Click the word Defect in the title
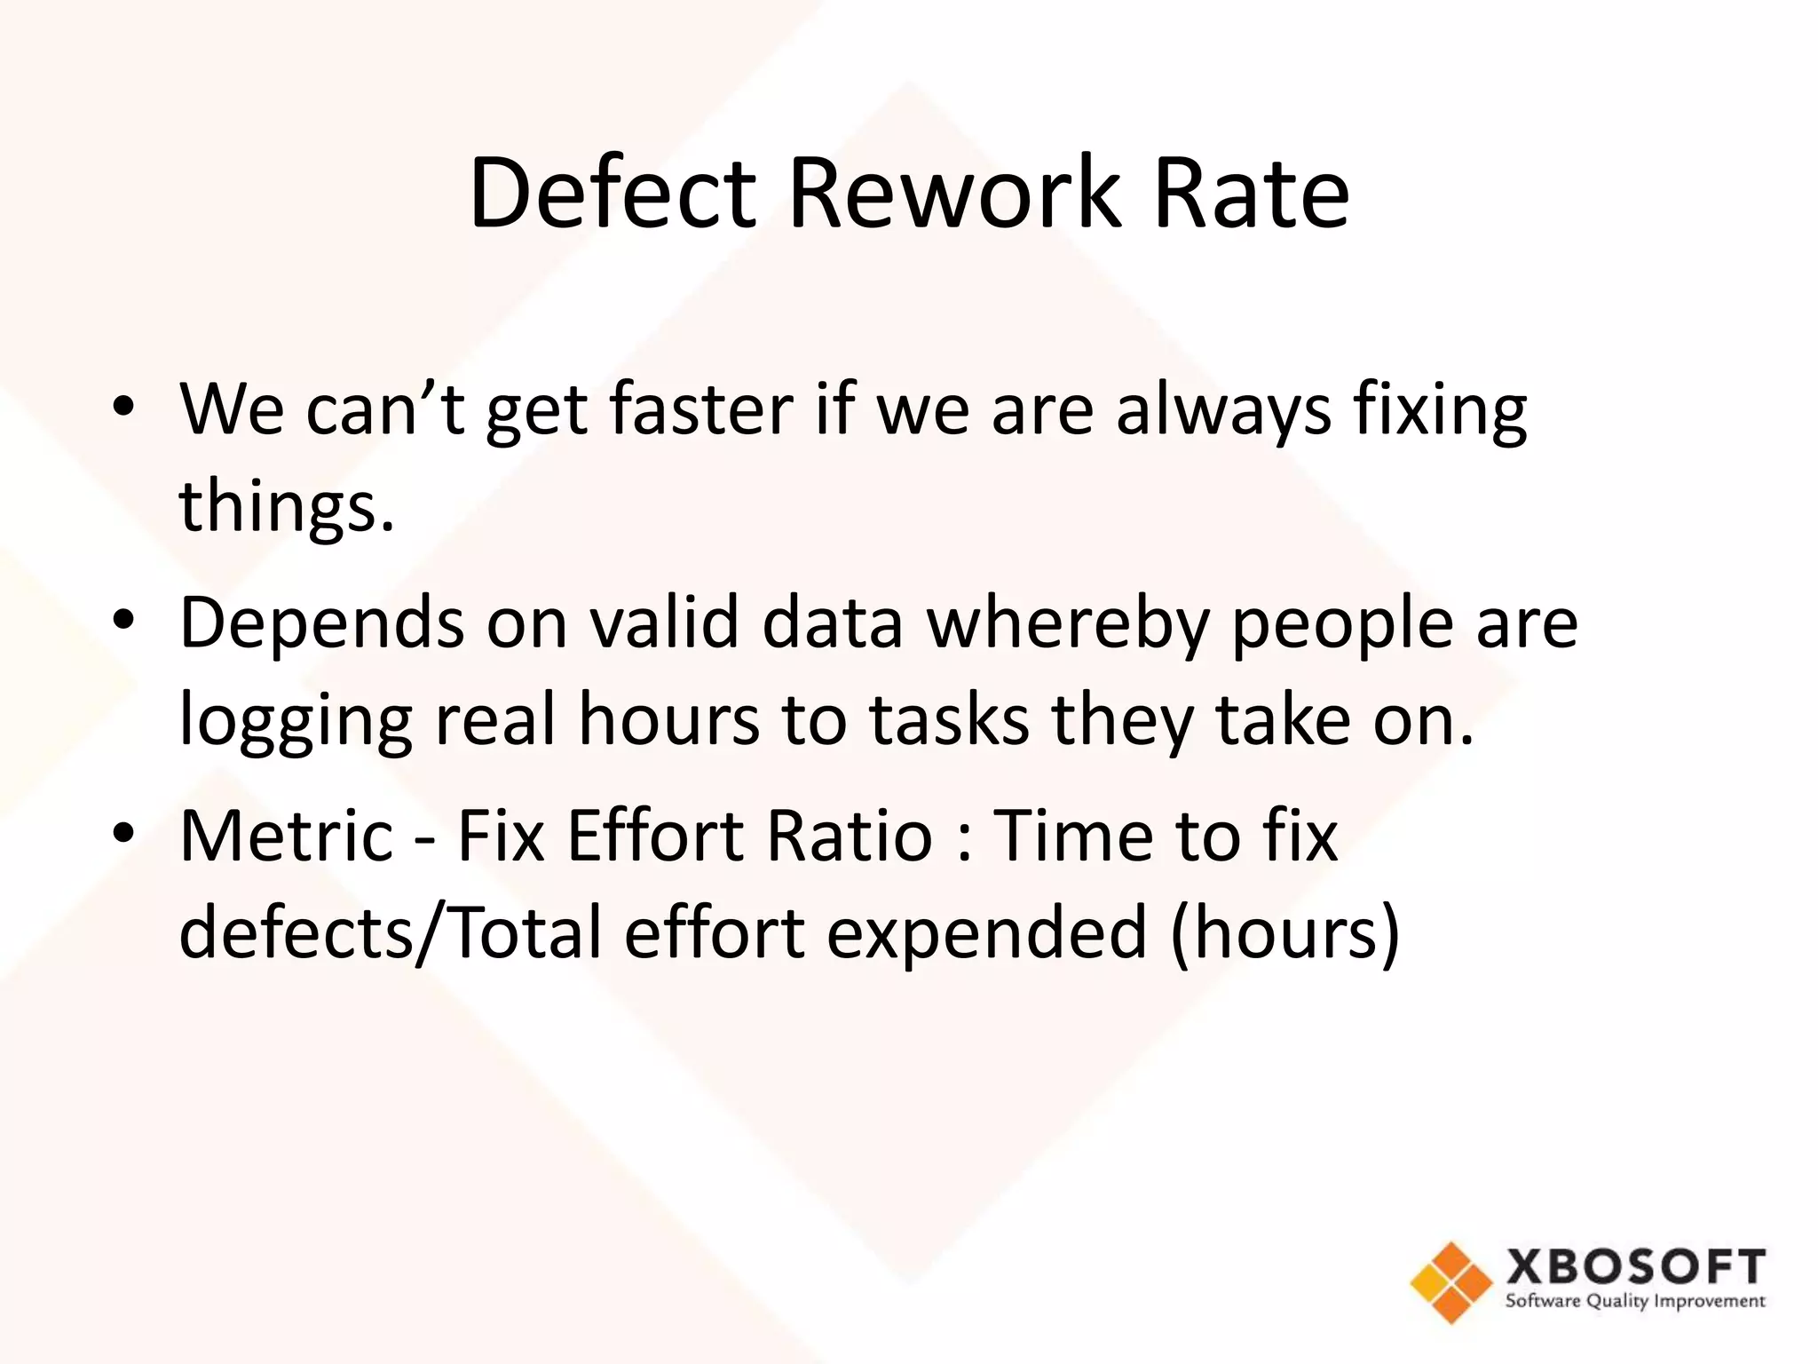(x=612, y=194)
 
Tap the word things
(x=286, y=506)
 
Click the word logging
(x=296, y=721)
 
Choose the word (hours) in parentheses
(x=1284, y=934)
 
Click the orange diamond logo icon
(x=1450, y=1282)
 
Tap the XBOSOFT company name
(x=1635, y=1266)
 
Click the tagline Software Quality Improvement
(x=1635, y=1302)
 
